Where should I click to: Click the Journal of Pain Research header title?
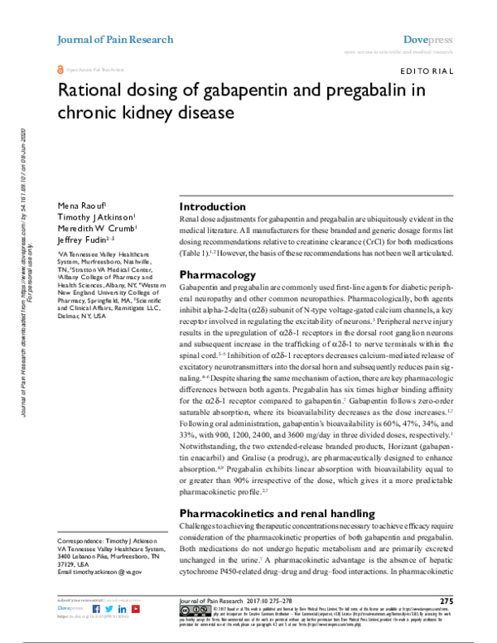[114, 39]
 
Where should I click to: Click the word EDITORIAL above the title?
[426, 72]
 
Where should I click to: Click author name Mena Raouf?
[76, 204]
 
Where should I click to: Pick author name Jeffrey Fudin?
[79, 239]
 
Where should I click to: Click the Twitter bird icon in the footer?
[109, 608]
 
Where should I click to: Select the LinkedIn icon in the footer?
[122, 608]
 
